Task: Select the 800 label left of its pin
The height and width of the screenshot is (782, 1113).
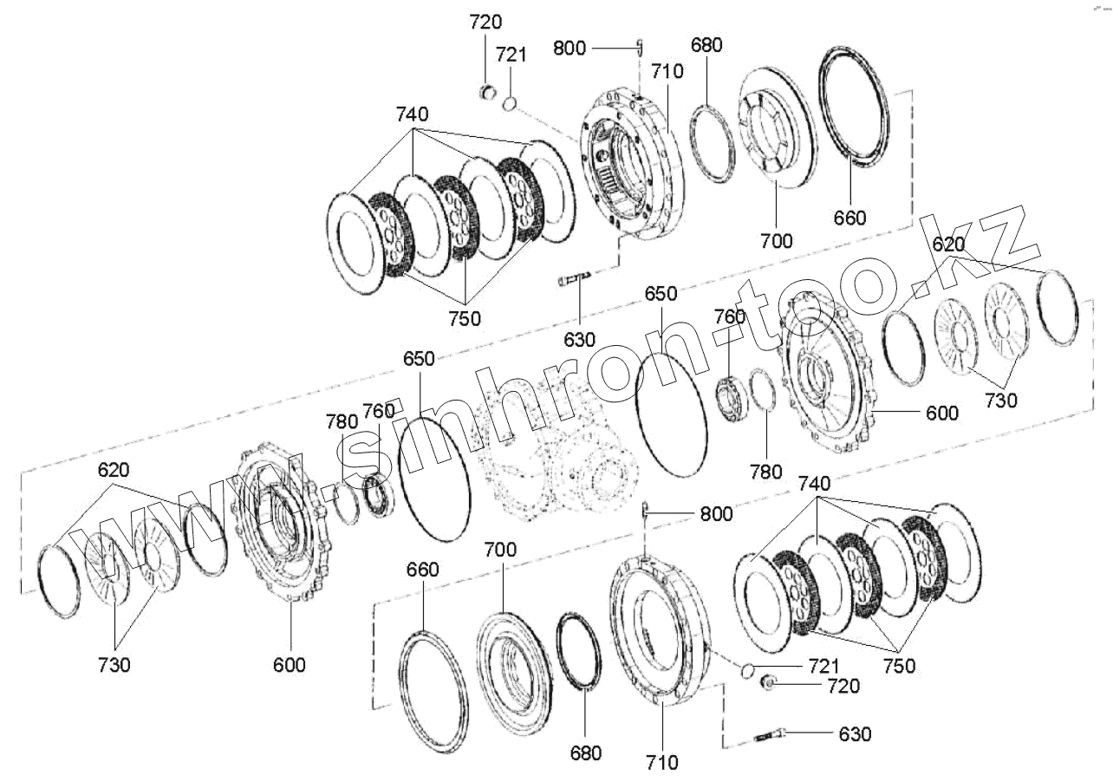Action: (570, 48)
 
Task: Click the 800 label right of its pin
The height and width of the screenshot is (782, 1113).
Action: (716, 514)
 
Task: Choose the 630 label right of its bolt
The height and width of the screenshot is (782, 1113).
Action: (854, 734)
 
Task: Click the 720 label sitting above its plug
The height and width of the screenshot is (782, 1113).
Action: (485, 23)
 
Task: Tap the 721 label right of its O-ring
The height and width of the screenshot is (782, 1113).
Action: (823, 666)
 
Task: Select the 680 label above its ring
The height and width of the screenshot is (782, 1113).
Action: (706, 45)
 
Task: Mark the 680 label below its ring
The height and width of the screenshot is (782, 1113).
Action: (585, 753)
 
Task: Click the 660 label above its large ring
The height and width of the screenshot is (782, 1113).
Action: (422, 570)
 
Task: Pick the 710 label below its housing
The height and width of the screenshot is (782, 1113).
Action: (661, 763)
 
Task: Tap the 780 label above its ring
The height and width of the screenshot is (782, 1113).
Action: (342, 421)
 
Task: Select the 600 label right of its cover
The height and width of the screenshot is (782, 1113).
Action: (941, 414)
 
